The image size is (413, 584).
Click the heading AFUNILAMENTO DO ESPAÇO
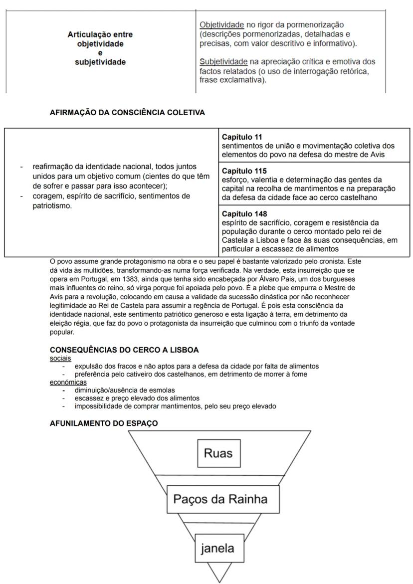click(104, 423)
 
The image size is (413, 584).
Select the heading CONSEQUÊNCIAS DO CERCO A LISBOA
click(124, 350)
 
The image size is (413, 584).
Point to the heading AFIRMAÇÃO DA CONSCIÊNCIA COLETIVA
click(127, 113)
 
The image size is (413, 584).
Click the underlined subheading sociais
click(60, 358)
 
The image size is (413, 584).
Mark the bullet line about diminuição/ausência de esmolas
click(125, 390)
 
